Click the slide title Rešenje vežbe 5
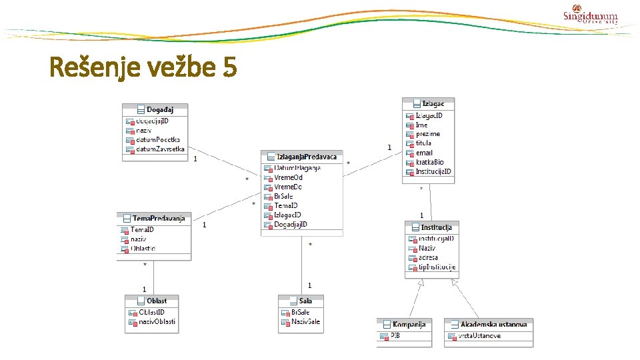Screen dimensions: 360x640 tap(143, 67)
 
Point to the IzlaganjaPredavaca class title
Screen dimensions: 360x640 tap(303, 156)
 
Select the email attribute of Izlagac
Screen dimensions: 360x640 tap(424, 153)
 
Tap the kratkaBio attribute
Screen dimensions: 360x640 tap(429, 162)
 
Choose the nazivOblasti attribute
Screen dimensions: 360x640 tap(157, 321)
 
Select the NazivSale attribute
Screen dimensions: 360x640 tap(305, 321)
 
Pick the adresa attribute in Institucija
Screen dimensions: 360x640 tap(427, 257)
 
